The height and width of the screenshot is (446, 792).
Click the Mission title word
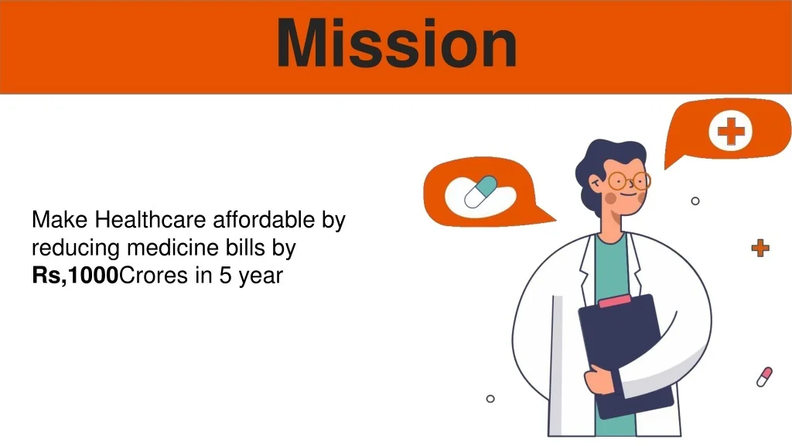pyautogui.click(x=397, y=43)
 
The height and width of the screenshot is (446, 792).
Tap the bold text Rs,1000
pyautogui.click(x=75, y=276)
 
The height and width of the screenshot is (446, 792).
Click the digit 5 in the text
pyautogui.click(x=225, y=276)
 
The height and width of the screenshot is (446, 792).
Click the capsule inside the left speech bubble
pyautogui.click(x=480, y=192)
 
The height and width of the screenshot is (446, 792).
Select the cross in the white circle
pyautogui.click(x=731, y=130)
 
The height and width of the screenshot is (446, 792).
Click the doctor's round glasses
pyautogui.click(x=629, y=180)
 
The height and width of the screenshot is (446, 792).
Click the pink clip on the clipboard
pyautogui.click(x=614, y=301)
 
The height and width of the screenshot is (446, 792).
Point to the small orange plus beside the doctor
pyautogui.click(x=760, y=249)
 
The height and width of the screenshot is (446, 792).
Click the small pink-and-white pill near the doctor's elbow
pyautogui.click(x=764, y=377)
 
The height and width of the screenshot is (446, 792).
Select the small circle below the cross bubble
pyautogui.click(x=695, y=201)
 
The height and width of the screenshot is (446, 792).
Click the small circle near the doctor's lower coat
pyautogui.click(x=490, y=399)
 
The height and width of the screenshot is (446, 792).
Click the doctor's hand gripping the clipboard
pyautogui.click(x=601, y=380)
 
